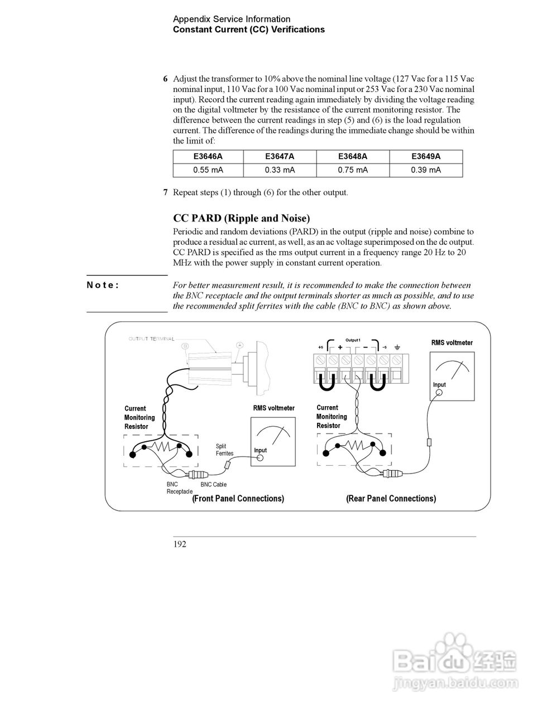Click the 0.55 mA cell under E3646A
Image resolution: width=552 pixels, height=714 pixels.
(208, 170)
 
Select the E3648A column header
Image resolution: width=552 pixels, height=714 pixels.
(353, 157)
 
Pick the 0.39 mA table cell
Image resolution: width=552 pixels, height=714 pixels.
(426, 170)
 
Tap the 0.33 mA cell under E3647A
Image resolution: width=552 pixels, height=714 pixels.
(280, 170)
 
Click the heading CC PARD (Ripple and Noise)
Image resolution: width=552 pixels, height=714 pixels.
(241, 218)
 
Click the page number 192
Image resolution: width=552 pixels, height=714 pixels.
(180, 544)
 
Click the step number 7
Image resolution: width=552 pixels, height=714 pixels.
(165, 193)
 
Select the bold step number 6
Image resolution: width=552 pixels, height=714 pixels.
(165, 79)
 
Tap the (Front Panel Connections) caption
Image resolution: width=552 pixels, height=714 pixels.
(238, 499)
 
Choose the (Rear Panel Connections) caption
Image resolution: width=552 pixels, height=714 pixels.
(391, 499)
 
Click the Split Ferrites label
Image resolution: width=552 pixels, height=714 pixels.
(224, 450)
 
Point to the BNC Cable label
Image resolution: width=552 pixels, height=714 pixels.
(213, 485)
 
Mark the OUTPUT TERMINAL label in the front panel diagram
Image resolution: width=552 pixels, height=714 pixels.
(151, 339)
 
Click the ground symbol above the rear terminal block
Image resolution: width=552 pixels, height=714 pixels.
(397, 348)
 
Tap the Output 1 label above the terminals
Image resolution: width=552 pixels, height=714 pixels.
(353, 340)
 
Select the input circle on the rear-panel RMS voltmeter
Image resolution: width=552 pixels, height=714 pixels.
(439, 393)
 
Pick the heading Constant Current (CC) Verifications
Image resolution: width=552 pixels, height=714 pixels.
(248, 30)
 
